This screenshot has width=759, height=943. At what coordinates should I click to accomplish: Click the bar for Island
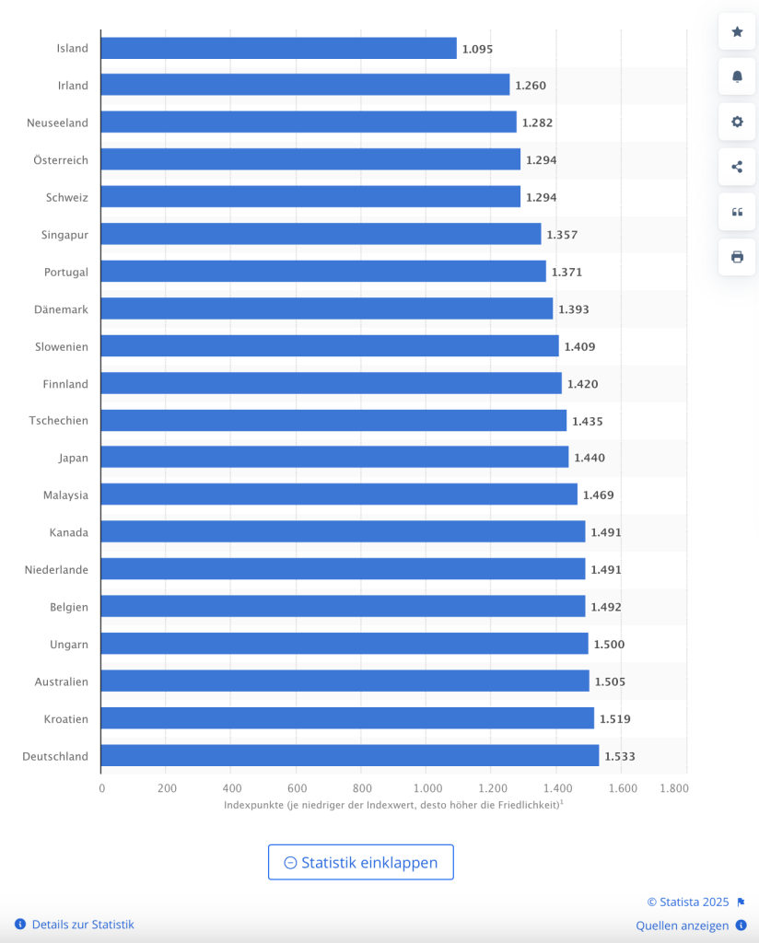pos(278,48)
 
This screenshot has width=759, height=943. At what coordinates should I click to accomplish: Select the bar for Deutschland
pos(350,756)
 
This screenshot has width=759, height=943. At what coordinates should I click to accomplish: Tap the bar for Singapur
pos(321,234)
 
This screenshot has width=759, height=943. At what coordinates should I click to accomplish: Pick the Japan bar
pos(334,457)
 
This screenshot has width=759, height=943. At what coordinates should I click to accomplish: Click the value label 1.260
pos(531,86)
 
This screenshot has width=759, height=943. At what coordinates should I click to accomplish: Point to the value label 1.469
pos(598,495)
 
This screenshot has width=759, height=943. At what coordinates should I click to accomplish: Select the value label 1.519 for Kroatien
pos(615,719)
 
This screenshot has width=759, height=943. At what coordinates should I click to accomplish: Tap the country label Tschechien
pos(58,421)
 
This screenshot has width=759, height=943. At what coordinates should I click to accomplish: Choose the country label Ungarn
pos(69,645)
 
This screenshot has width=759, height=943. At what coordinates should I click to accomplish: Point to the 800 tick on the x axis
pos(361,788)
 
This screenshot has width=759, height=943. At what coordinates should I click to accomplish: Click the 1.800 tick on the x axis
pos(673,788)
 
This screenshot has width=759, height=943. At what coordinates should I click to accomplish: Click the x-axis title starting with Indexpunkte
pos(393,805)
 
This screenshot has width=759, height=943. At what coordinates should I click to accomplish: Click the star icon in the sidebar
pos(737,32)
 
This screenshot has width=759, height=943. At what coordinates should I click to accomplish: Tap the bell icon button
pos(737,76)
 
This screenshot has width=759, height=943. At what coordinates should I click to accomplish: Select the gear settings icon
pos(737,122)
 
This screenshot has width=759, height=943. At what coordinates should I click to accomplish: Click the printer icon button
pos(737,257)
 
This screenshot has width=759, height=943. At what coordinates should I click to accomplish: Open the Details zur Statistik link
pos(83,925)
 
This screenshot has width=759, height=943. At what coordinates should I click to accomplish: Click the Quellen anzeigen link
pos(682,926)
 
